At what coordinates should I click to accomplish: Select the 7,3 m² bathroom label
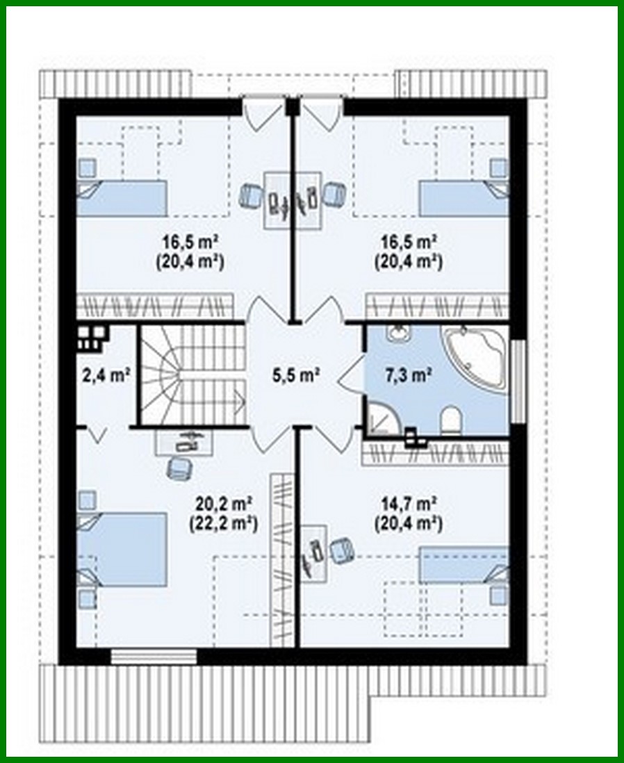(x=410, y=375)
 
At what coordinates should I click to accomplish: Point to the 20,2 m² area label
(x=223, y=502)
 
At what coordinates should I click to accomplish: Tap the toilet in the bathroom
(x=451, y=420)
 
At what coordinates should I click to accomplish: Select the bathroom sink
(x=397, y=334)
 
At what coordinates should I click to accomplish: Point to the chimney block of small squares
(x=91, y=336)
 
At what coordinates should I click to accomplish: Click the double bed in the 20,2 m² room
(x=122, y=550)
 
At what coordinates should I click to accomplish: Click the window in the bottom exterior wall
(x=154, y=655)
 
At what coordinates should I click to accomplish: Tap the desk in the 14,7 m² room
(x=313, y=552)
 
